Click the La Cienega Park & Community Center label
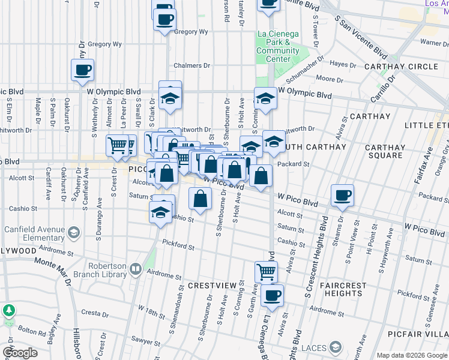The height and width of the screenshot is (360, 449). [277, 46]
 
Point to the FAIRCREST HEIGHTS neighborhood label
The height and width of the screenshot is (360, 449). [340, 289]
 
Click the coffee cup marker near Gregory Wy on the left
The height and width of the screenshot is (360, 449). [82, 70]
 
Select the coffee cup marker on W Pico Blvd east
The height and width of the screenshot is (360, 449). [342, 195]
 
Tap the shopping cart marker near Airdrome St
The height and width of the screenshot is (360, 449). [266, 271]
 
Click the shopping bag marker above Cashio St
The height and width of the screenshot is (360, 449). [200, 198]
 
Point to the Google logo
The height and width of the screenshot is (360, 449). [20, 353]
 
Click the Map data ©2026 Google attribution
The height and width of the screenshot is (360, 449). [412, 355]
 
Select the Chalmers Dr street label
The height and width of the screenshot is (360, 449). [191, 65]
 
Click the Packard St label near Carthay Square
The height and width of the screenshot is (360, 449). [293, 164]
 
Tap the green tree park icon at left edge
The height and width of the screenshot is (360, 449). [8, 311]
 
